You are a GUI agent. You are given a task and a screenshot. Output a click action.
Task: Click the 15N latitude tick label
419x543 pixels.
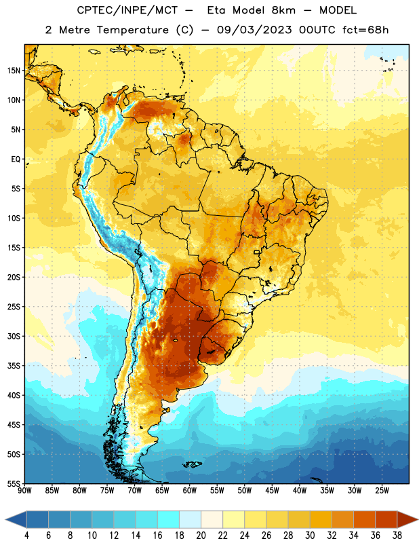pyautogui.click(x=14, y=71)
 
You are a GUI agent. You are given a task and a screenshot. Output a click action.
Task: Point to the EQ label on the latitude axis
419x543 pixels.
pyautogui.click(x=16, y=160)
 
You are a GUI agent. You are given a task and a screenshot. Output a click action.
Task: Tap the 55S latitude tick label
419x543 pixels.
pyautogui.click(x=14, y=483)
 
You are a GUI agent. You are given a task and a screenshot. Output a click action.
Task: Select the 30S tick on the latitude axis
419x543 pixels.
pyautogui.click(x=14, y=336)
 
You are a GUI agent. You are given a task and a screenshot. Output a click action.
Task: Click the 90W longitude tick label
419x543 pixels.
pyautogui.click(x=24, y=491)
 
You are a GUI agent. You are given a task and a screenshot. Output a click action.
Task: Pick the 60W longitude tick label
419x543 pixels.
pyautogui.click(x=190, y=491)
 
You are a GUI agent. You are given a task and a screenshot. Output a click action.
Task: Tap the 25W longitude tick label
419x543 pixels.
pyautogui.click(x=382, y=491)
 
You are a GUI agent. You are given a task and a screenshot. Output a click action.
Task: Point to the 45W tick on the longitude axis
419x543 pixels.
pyautogui.click(x=272, y=491)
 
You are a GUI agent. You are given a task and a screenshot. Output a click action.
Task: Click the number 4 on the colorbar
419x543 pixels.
pyautogui.click(x=26, y=536)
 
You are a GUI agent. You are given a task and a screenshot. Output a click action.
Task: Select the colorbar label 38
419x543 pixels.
pyautogui.click(x=397, y=536)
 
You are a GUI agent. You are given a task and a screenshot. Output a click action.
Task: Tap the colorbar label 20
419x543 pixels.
pyautogui.click(x=201, y=536)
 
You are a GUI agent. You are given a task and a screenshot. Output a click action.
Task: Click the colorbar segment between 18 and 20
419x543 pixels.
pyautogui.click(x=190, y=519)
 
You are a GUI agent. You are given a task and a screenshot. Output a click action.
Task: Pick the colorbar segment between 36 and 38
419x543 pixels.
pyautogui.click(x=386, y=519)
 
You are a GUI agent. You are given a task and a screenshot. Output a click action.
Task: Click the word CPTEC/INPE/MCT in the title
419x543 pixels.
pyautogui.click(x=127, y=10)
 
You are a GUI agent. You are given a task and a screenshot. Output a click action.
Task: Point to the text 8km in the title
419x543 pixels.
pyautogui.click(x=283, y=10)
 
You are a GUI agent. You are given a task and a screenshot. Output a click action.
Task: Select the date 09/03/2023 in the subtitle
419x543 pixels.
pyautogui.click(x=255, y=30)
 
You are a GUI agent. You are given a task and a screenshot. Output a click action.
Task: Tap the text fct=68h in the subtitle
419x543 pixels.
pyautogui.click(x=365, y=30)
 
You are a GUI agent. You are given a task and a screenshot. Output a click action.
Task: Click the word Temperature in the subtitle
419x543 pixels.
pyautogui.click(x=132, y=30)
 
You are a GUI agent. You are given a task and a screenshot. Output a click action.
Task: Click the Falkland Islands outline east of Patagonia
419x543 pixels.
pyautogui.click(x=193, y=464)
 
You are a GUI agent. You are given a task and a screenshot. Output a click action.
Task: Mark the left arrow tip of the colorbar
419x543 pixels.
pyautogui.click(x=5, y=519)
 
